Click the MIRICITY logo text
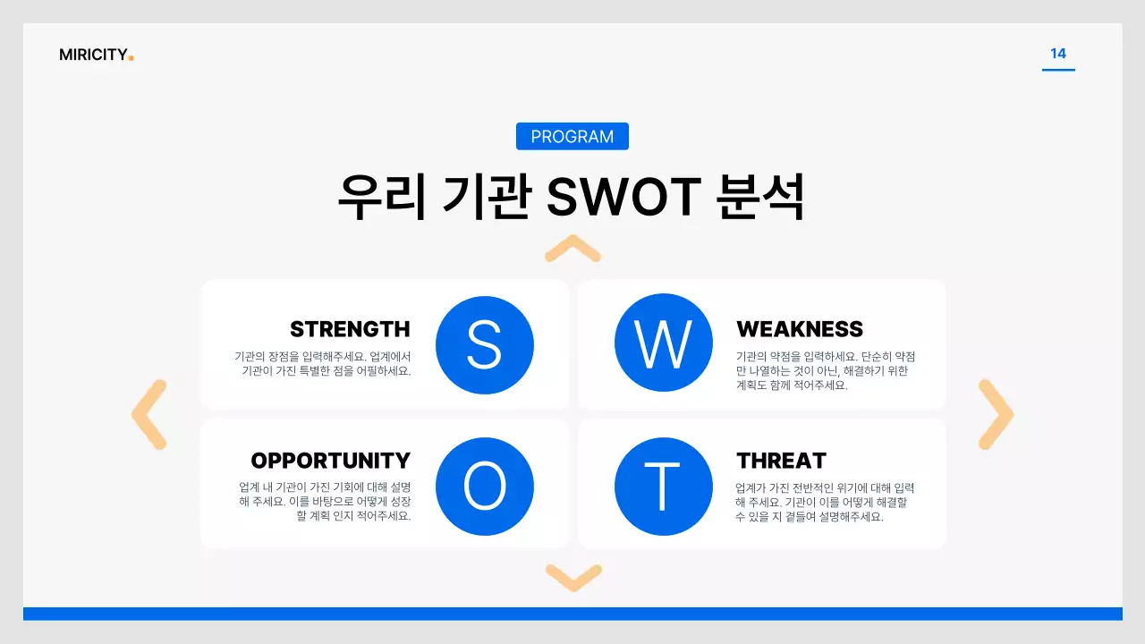[93, 55]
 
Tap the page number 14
[1058, 54]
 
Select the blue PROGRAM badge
[572, 137]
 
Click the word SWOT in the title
[623, 197]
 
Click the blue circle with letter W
[663, 343]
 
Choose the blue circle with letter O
[485, 487]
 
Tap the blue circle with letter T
[663, 487]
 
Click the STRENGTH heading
[350, 329]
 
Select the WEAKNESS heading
[800, 329]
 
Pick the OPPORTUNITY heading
[330, 461]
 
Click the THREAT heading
[781, 461]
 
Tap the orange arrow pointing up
[572, 249]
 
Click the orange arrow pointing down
[572, 577]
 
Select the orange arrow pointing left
[148, 414]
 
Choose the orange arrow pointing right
[996, 414]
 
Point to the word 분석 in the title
[761, 197]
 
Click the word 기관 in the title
[487, 197]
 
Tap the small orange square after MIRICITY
[131, 58]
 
